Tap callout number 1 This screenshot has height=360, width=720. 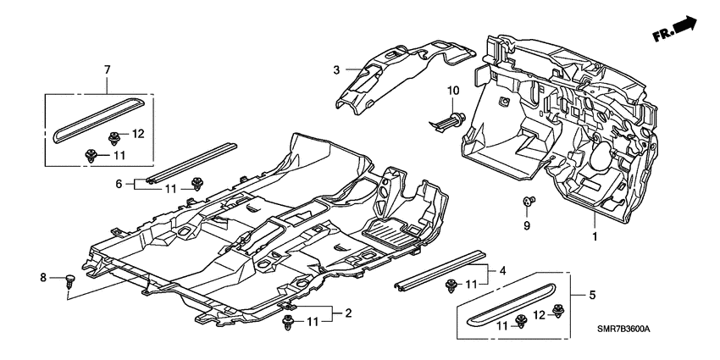click(x=594, y=236)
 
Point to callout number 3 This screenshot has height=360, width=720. click(x=336, y=69)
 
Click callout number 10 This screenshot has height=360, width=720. click(x=451, y=91)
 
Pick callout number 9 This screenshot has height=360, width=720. click(x=524, y=226)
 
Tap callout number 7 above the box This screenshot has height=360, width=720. click(x=107, y=67)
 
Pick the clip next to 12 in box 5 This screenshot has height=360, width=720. click(x=557, y=311)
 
